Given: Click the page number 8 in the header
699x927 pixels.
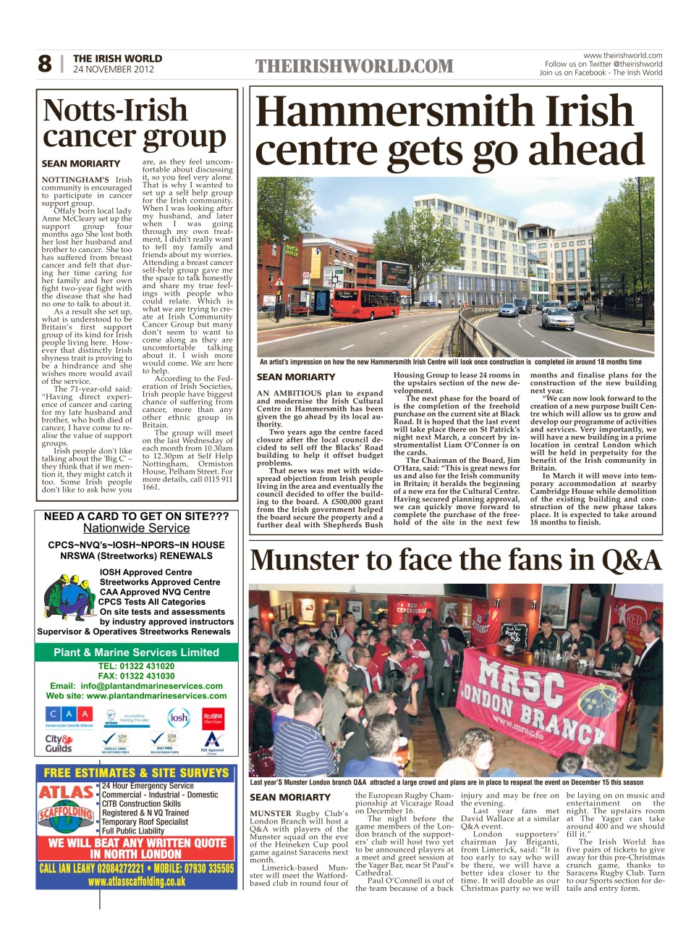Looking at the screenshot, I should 45,64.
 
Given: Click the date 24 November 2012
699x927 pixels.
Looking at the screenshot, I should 113,70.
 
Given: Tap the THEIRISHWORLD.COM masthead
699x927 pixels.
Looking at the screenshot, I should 354,67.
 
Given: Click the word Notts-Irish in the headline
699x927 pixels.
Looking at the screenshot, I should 115,111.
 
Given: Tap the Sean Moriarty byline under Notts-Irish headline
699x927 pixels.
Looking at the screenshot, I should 80,164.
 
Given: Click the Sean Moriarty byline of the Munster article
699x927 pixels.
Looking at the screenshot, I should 289,797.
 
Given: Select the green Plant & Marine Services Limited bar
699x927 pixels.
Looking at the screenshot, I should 136,652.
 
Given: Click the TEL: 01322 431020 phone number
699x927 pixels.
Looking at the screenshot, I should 136,666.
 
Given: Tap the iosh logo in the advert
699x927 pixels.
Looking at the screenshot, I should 178,718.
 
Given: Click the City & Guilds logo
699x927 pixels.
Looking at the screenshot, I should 59,743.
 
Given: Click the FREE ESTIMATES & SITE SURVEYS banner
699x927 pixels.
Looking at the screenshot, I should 136,773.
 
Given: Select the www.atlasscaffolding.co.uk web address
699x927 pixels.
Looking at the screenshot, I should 136,881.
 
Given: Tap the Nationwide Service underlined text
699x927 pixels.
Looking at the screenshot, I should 136,529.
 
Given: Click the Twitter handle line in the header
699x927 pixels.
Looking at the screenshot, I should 603,64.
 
